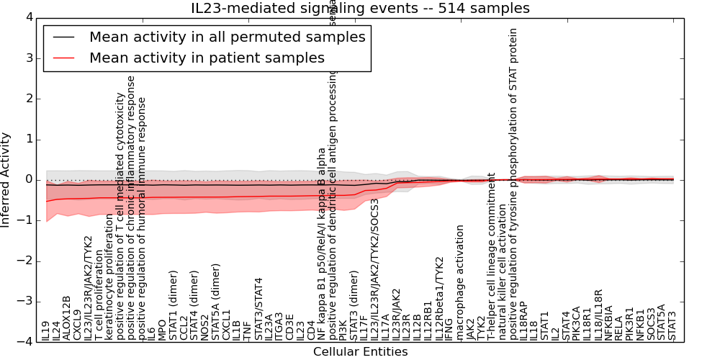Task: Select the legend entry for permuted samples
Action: [x=227, y=37]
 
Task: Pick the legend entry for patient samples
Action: [x=207, y=58]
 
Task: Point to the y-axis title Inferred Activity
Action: [x=6, y=179]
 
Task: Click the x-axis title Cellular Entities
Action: [x=360, y=352]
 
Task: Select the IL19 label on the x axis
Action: [x=45, y=330]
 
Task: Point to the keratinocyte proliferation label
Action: [x=109, y=280]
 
